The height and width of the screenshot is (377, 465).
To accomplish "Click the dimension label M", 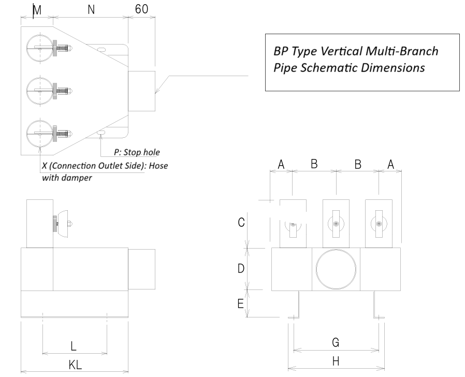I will point(35,10).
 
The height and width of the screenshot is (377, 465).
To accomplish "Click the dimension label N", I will point(91,9).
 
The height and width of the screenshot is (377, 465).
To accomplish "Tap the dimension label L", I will point(75,345).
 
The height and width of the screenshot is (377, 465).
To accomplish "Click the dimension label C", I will point(241,222).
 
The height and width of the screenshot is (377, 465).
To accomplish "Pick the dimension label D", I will point(241,268).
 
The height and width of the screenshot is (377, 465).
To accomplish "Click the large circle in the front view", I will point(336,269).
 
